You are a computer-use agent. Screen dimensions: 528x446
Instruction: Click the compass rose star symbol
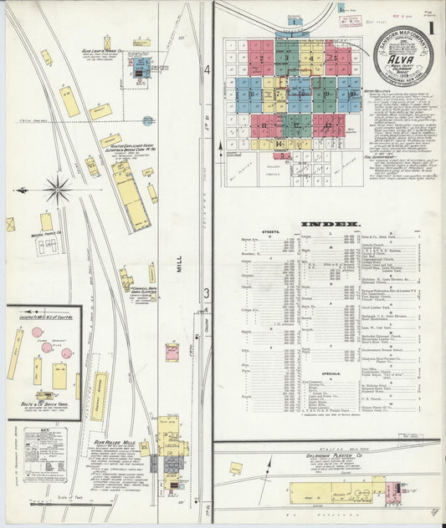pyautogui.click(x=57, y=188)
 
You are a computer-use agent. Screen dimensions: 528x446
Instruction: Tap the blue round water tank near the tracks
pyautogui.click(x=147, y=121)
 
